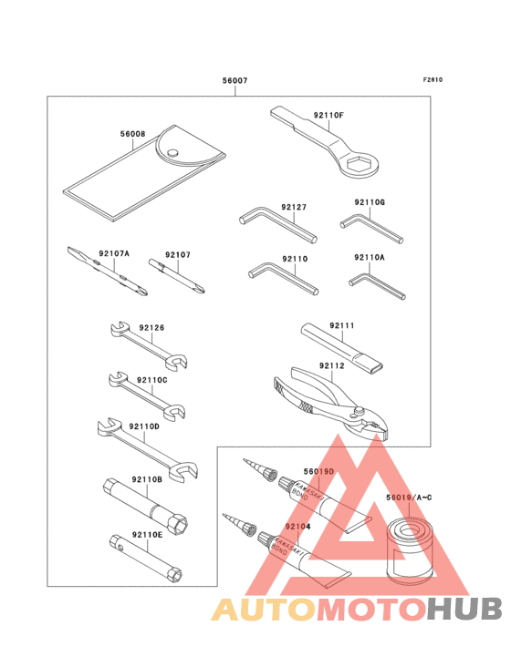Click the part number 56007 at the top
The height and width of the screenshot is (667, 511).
tap(235, 81)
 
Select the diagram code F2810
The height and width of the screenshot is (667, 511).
tap(433, 79)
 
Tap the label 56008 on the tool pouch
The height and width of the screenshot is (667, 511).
tap(132, 134)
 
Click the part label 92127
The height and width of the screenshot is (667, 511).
tap(294, 208)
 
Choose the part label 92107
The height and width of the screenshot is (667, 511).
tap(177, 256)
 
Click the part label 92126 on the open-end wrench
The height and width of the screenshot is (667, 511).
tap(151, 327)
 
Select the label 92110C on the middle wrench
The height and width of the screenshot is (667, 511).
tap(151, 379)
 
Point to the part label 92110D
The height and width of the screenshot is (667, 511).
tap(143, 426)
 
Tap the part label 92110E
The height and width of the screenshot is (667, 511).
tap(146, 535)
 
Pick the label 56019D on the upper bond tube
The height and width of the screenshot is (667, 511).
tap(318, 471)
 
